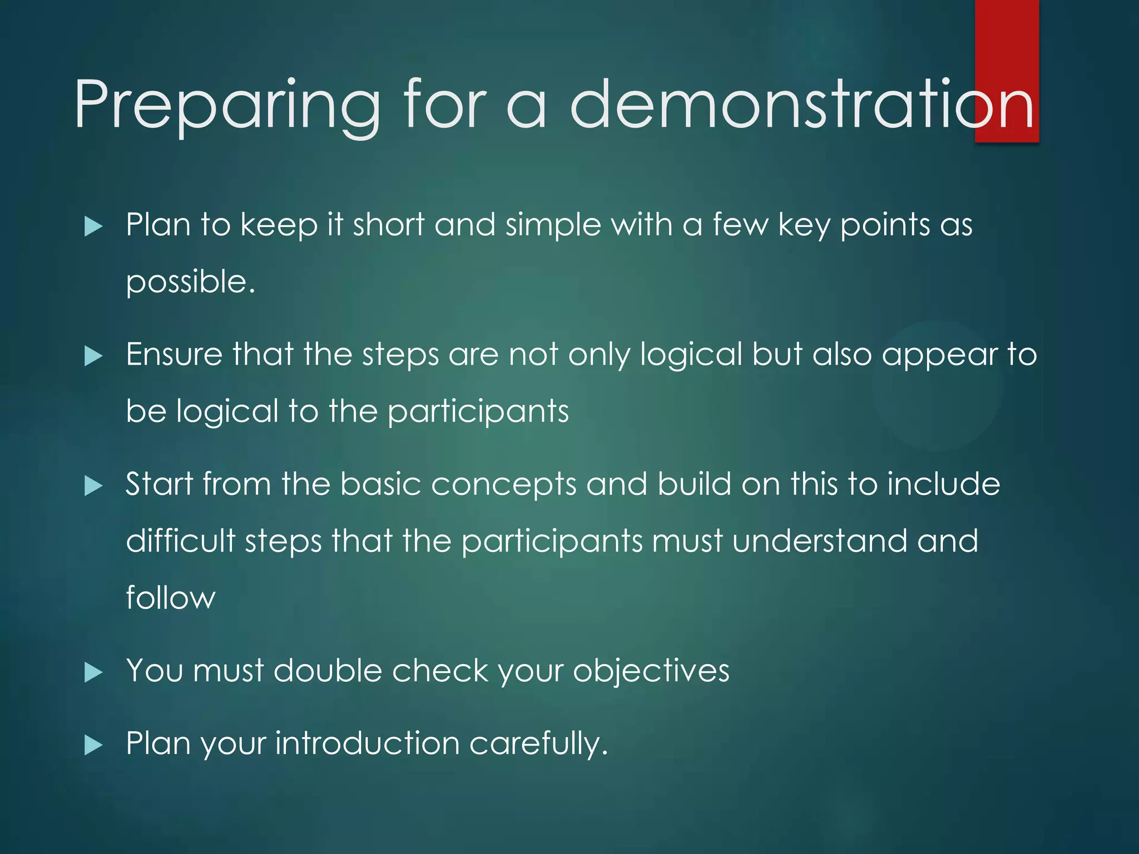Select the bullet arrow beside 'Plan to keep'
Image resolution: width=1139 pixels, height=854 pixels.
pos(93,227)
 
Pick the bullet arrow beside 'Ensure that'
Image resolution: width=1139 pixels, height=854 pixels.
pos(93,356)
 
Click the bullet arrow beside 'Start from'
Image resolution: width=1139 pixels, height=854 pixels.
pos(93,486)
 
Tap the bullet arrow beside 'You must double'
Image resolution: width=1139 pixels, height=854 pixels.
pos(93,673)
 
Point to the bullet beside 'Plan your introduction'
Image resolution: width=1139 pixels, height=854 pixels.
pos(93,746)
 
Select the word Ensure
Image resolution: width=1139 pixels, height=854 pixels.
pos(174,355)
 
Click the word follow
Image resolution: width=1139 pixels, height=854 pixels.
pos(170,598)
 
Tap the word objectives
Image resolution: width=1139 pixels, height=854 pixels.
pos(651,671)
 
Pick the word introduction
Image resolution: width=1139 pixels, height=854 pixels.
pos(367,743)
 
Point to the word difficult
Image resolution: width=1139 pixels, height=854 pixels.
pos(181,540)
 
